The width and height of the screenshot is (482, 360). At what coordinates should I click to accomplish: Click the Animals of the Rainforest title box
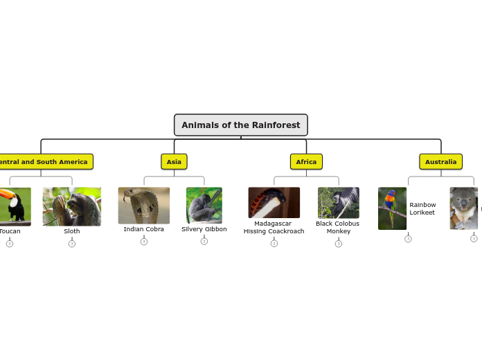pyautogui.click(x=241, y=125)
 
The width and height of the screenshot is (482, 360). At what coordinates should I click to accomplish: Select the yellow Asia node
pyautogui.click(x=174, y=162)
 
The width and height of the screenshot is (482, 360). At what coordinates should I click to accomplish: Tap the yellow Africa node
pyautogui.click(x=306, y=162)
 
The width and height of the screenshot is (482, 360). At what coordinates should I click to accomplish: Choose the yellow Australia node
pyautogui.click(x=440, y=162)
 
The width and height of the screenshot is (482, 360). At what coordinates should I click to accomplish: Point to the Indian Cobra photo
pyautogui.click(x=143, y=206)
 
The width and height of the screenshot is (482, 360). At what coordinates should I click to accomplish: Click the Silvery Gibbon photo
pyautogui.click(x=204, y=205)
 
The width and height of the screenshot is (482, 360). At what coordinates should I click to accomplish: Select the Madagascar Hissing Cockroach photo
pyautogui.click(x=274, y=203)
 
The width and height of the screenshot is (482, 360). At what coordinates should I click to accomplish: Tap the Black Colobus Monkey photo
pyautogui.click(x=339, y=203)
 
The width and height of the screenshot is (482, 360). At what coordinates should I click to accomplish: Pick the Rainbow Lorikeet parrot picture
pyautogui.click(x=392, y=208)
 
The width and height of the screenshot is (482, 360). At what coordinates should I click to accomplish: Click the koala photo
pyautogui.click(x=463, y=208)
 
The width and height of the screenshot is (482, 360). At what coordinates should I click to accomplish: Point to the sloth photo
pyautogui.click(x=71, y=206)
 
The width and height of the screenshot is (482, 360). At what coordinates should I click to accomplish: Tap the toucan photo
pyautogui.click(x=14, y=206)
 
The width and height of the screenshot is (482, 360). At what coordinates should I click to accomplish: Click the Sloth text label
pyautogui.click(x=72, y=231)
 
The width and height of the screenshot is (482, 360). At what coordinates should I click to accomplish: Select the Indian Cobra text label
pyautogui.click(x=144, y=229)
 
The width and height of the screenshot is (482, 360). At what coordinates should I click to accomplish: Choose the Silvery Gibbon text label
pyautogui.click(x=204, y=229)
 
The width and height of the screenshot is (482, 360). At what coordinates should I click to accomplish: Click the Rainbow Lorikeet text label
pyautogui.click(x=422, y=208)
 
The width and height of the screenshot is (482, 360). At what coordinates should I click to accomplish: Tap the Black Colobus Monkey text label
pyautogui.click(x=338, y=227)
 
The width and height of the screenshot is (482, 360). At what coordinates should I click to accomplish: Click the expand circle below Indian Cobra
pyautogui.click(x=144, y=242)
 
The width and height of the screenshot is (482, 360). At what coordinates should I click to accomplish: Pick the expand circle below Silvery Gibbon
pyautogui.click(x=204, y=242)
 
